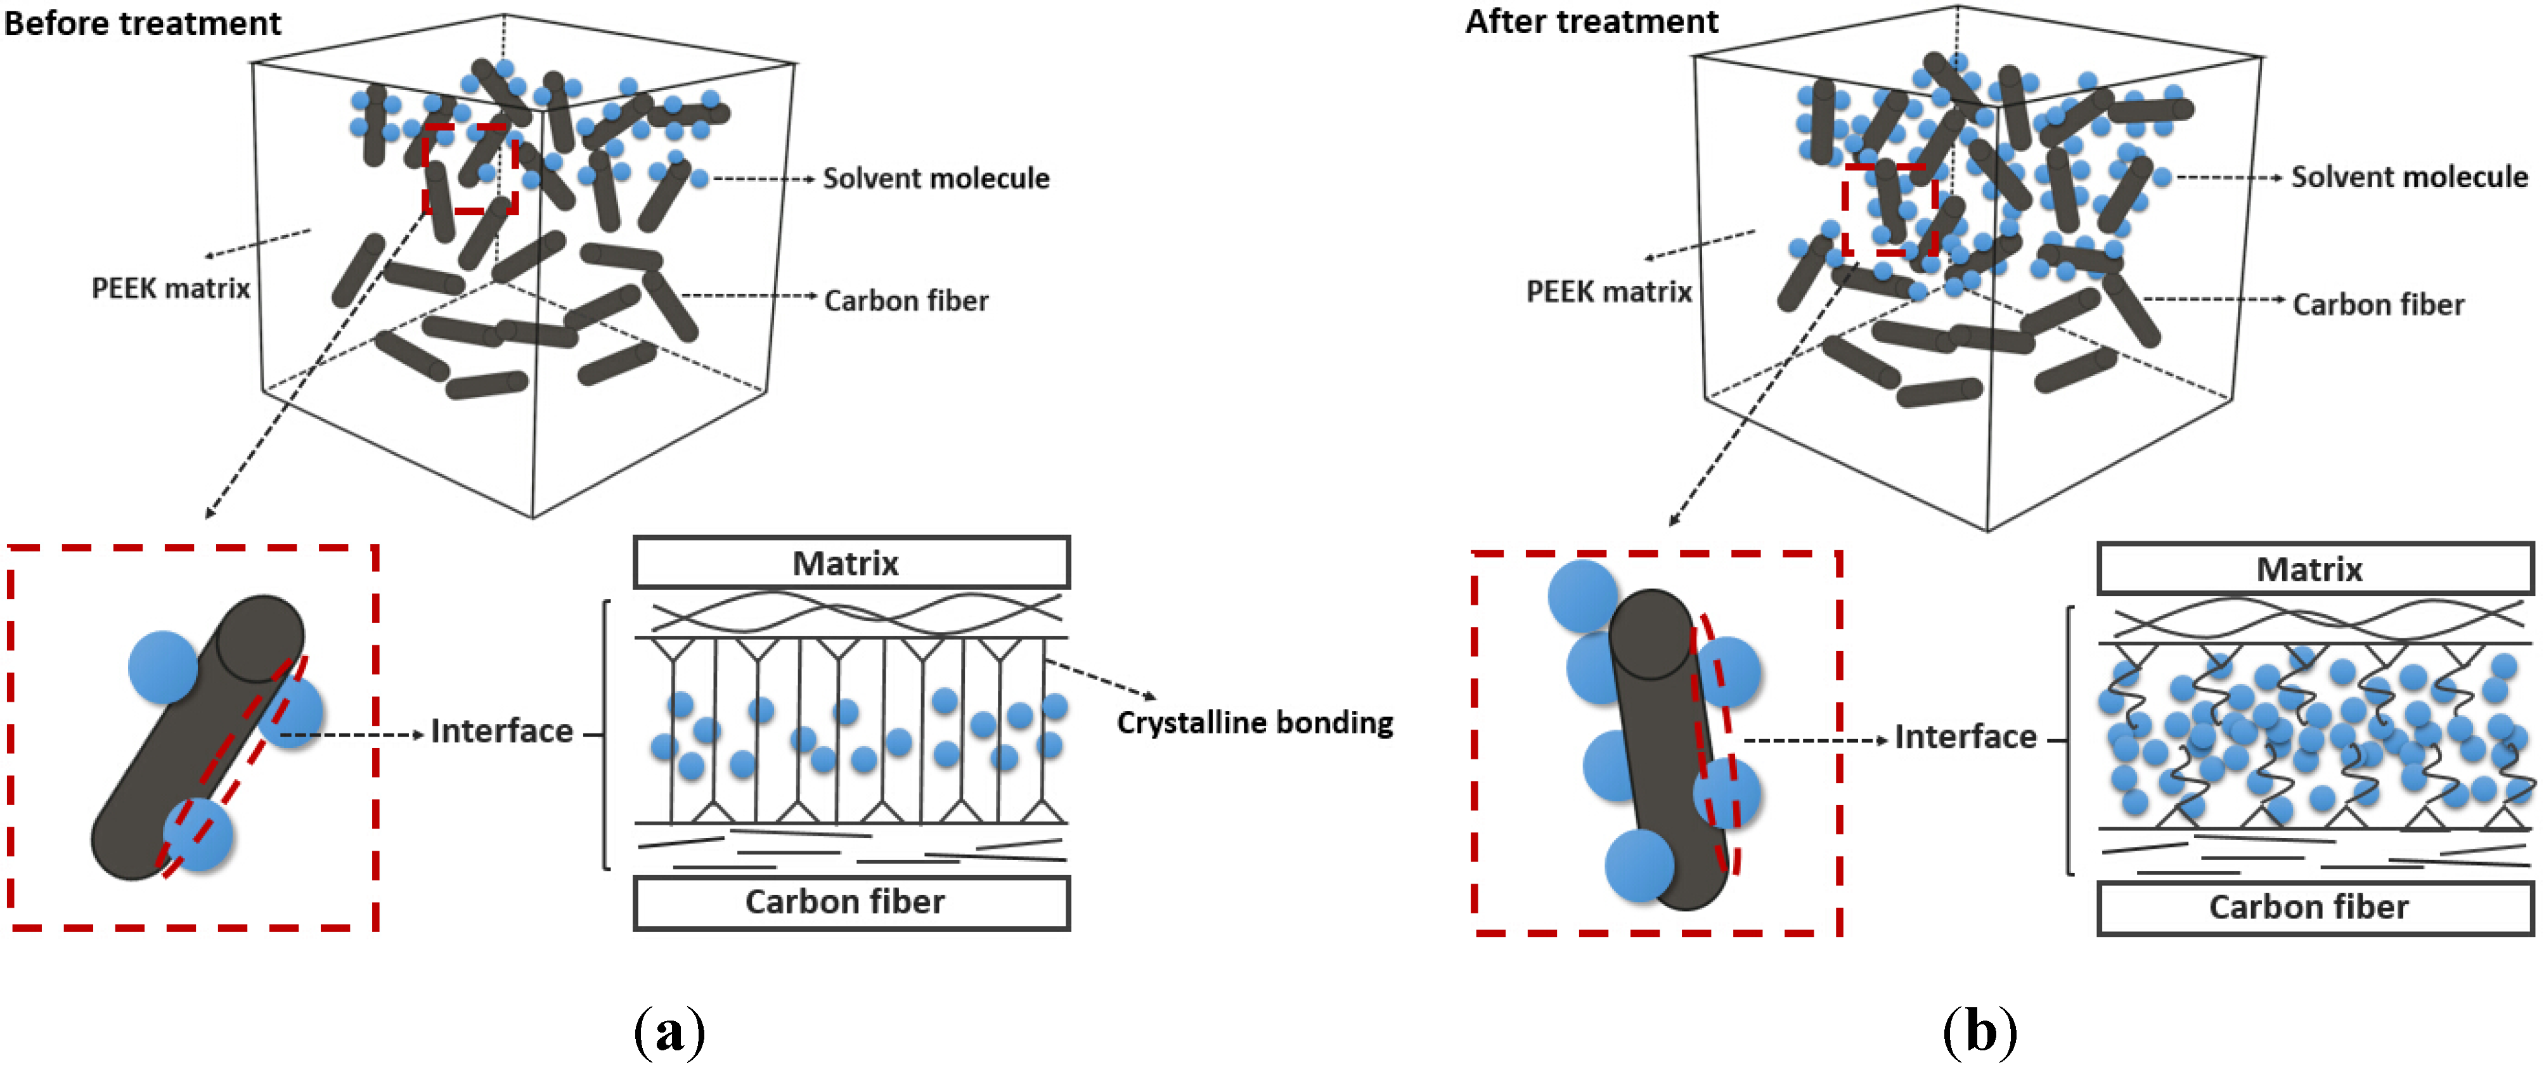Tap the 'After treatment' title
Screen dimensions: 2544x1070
[1591, 21]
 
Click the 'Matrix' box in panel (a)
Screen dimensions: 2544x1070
[851, 563]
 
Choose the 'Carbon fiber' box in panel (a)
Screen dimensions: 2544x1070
[851, 902]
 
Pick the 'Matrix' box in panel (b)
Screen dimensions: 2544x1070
[2316, 569]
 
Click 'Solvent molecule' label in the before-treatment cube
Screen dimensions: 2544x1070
[936, 179]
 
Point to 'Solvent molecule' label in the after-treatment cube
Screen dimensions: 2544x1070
[2410, 177]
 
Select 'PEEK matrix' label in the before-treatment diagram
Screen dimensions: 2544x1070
[171, 288]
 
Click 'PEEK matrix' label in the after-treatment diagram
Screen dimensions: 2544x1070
[1609, 292]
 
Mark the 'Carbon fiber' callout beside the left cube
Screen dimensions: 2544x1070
[906, 300]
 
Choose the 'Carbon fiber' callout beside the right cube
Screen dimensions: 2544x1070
[2378, 304]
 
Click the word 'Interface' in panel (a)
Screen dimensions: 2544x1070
[501, 732]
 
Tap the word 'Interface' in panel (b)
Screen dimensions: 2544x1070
[1965, 737]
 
